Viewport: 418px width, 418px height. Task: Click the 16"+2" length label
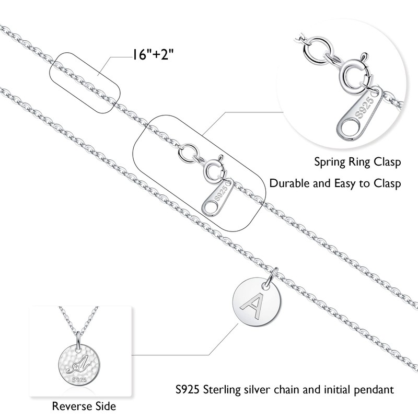[x=153, y=55]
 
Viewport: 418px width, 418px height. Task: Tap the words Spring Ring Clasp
[x=357, y=162]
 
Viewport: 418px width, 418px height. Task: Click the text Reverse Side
[x=84, y=406]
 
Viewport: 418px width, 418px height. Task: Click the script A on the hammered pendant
[x=77, y=364]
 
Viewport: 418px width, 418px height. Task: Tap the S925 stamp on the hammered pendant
[x=79, y=380]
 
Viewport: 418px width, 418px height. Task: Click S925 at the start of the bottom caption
[x=188, y=389]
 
